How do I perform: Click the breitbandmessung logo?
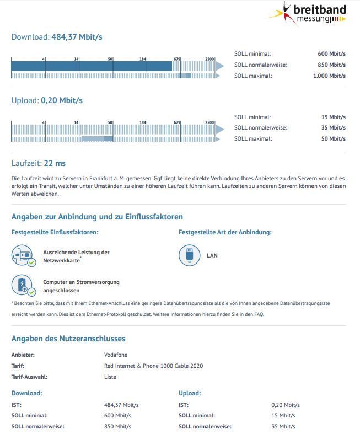point(311,14)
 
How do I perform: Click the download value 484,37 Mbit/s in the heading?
point(77,37)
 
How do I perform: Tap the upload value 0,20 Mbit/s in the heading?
point(62,100)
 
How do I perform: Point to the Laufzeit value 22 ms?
point(55,163)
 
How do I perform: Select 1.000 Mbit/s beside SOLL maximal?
point(329,76)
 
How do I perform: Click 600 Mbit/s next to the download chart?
point(331,54)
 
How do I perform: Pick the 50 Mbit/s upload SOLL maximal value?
point(334,138)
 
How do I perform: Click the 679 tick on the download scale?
point(177,59)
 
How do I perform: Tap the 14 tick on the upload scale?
point(76,122)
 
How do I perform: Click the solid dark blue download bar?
point(91,66)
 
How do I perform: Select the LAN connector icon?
point(190,255)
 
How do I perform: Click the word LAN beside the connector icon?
point(212,255)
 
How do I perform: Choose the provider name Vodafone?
point(115,355)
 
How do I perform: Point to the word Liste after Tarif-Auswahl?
point(110,377)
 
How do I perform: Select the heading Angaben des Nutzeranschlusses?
point(68,339)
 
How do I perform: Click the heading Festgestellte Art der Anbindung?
point(225,232)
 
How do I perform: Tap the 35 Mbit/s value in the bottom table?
point(283,426)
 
